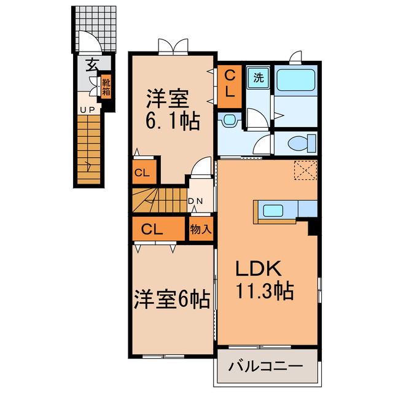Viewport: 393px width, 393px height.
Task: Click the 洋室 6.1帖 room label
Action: tap(171, 110)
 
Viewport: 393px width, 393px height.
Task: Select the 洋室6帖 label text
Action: tap(171, 300)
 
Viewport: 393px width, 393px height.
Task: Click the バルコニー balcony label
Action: tap(266, 367)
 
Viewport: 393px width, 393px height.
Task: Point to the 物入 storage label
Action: tap(201, 230)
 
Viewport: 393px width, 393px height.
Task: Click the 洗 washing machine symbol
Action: tap(259, 78)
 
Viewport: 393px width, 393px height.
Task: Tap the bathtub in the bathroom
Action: tap(295, 80)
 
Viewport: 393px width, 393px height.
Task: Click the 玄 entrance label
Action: tap(91, 64)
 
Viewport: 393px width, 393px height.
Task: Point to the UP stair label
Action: tap(86, 109)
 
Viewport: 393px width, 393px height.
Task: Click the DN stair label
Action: tap(195, 201)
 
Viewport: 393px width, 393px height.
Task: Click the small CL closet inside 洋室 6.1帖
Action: tap(142, 173)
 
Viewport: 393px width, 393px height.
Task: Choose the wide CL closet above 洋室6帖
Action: tap(152, 230)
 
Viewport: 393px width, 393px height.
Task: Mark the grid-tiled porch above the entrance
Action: tap(95, 28)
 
